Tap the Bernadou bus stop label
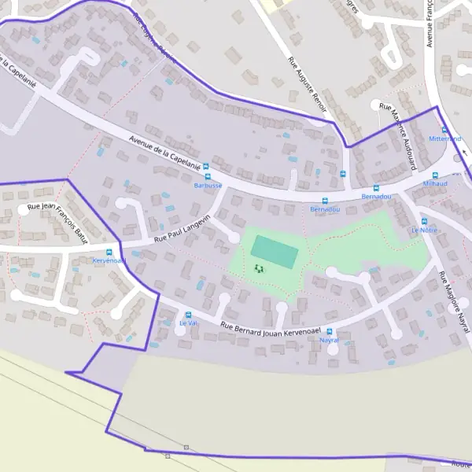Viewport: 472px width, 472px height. tap(325, 210)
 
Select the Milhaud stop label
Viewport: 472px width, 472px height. tap(435, 183)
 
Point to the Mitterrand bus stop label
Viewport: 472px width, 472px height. tap(444, 138)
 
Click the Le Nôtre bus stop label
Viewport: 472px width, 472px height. tap(424, 230)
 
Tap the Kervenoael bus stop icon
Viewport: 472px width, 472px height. tap(109, 252)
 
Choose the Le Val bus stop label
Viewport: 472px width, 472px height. tap(188, 323)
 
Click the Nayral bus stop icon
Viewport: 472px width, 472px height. tap(330, 331)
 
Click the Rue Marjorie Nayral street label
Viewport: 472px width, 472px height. tap(454, 298)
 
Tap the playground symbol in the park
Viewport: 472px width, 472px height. tap(259, 269)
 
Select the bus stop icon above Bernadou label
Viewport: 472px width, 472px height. tap(325, 201)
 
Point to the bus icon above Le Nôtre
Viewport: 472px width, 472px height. tap(424, 221)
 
